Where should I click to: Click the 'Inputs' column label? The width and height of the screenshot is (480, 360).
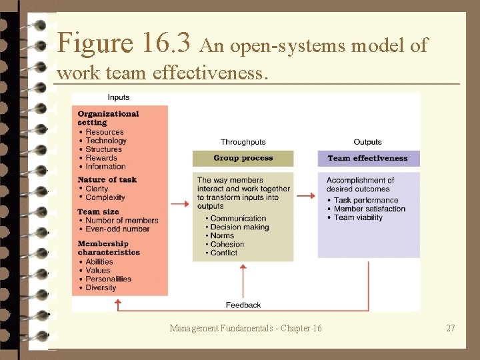coord(119,97)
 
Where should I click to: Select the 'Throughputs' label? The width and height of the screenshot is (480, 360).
coord(243,142)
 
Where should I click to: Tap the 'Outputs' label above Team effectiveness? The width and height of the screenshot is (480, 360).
coord(367,142)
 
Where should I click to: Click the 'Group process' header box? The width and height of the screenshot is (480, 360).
coord(243,159)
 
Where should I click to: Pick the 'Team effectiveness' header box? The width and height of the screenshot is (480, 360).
coord(367,159)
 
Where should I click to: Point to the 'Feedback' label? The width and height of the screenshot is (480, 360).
coord(243,305)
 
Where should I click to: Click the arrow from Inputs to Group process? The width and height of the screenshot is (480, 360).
coord(180,203)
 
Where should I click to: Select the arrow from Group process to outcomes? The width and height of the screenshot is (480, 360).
coord(305,196)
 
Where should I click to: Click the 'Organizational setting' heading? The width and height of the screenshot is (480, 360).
coord(108,118)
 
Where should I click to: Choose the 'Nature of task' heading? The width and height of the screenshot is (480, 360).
coord(107,180)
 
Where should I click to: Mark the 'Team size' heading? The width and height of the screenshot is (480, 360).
coord(98,212)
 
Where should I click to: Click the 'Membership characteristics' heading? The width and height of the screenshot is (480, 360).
coord(109,248)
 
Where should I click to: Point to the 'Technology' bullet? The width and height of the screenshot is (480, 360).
coord(105,141)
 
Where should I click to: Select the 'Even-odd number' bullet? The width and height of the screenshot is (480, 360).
coord(117,229)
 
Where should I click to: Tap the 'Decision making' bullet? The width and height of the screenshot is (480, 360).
coord(239,227)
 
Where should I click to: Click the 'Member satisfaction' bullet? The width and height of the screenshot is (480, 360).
coord(369,209)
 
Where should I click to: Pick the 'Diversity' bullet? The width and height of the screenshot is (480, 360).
coord(101,288)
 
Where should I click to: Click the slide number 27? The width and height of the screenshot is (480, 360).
coord(451,328)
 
